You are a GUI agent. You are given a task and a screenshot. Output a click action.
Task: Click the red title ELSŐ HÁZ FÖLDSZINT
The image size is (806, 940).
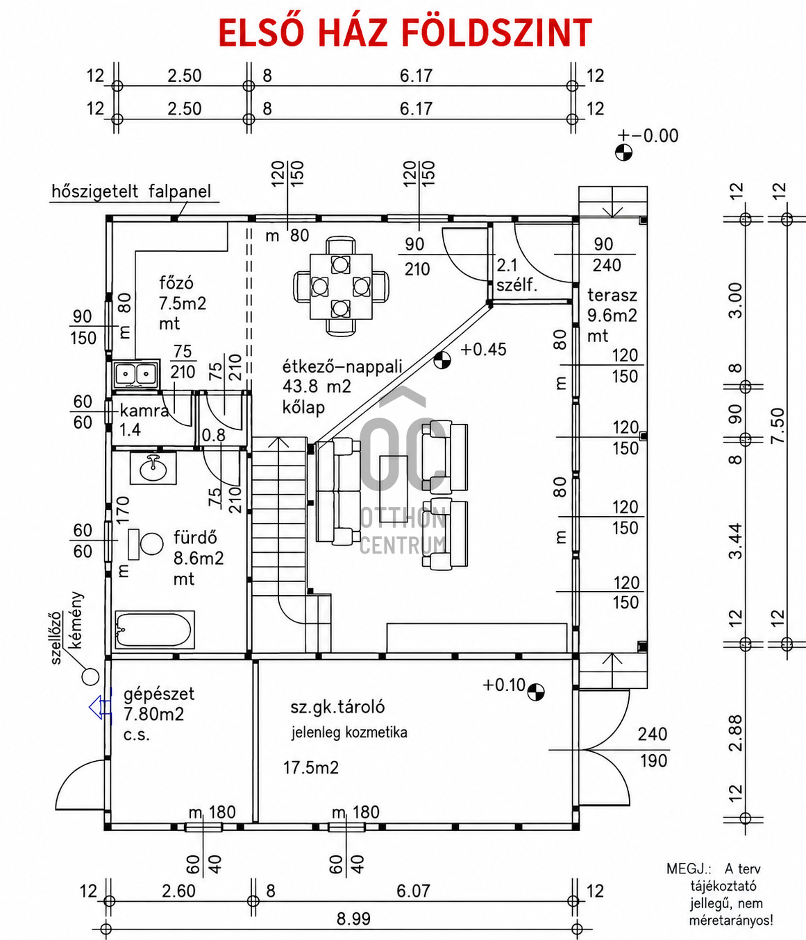tap(405, 33)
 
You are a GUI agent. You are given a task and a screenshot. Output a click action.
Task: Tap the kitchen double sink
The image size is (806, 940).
tap(136, 374)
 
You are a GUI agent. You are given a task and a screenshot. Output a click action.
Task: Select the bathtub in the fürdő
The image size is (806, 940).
tap(155, 630)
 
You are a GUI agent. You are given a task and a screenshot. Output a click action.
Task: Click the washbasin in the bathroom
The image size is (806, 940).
tap(153, 468)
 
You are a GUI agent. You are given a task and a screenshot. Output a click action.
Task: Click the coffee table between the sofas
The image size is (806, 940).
tap(394, 474)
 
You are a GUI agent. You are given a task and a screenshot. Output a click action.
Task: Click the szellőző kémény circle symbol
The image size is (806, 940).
tap(90, 676)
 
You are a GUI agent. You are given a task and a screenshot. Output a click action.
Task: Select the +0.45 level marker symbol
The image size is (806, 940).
tap(442, 360)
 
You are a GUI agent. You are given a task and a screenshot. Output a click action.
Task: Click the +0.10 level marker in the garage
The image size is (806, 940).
tap(536, 692)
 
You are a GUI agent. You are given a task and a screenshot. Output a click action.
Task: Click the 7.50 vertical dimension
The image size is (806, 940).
tap(778, 425)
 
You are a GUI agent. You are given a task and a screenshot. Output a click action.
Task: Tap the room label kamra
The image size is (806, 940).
tap(144, 411)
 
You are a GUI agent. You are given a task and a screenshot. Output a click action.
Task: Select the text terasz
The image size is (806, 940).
tap(612, 296)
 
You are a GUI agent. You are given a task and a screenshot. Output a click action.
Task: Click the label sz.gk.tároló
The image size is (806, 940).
tap(337, 707)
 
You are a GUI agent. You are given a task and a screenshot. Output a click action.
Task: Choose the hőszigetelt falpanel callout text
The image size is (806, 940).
tap(131, 191)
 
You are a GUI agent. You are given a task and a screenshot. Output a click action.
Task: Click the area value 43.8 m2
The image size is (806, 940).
tap(317, 386)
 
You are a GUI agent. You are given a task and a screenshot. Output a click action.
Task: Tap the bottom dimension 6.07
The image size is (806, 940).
tap(413, 891)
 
